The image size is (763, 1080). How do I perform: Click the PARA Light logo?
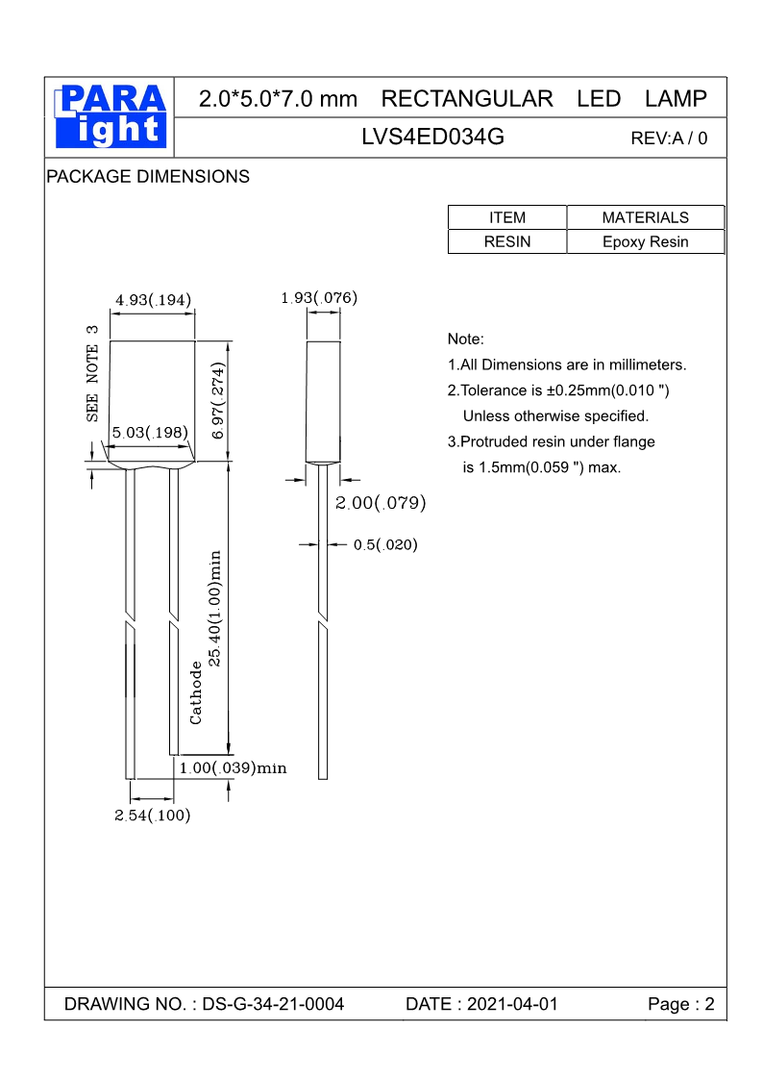tap(111, 116)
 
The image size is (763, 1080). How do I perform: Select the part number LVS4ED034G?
tap(432, 138)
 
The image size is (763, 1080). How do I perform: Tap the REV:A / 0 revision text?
tap(669, 138)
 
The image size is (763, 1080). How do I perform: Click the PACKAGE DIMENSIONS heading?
tap(148, 177)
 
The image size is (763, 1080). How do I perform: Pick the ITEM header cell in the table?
tap(507, 217)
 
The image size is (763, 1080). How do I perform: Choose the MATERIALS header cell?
tap(645, 217)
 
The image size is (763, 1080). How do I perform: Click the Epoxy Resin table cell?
tap(645, 241)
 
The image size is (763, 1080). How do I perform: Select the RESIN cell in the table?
tap(507, 241)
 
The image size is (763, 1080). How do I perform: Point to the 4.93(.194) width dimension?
tap(153, 300)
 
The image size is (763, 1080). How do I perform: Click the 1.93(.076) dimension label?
tap(319, 298)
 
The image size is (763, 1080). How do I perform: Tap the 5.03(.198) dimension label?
tap(149, 433)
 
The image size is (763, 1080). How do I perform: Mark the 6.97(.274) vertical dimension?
tap(218, 402)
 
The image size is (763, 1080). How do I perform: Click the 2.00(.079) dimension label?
tap(381, 503)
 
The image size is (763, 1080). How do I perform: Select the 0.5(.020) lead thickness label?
tap(385, 545)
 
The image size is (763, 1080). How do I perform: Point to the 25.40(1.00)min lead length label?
tap(216, 608)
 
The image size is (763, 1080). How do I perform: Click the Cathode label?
tap(196, 692)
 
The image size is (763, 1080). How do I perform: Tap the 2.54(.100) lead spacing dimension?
tap(153, 816)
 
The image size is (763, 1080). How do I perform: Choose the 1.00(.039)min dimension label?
tap(234, 768)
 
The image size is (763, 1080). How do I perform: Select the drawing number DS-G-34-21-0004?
tap(273, 1004)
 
